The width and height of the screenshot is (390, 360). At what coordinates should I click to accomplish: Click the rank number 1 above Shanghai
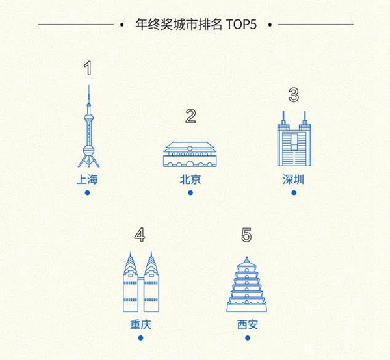click(x=88, y=68)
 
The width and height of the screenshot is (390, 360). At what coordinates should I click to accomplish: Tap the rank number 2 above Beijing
click(x=190, y=116)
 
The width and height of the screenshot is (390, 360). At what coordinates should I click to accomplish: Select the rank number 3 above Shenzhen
click(x=294, y=95)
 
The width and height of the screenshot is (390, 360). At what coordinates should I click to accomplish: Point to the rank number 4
click(x=140, y=235)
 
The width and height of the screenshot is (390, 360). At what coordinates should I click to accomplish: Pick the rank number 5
click(x=246, y=235)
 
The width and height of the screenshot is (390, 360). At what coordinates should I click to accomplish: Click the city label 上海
click(x=87, y=179)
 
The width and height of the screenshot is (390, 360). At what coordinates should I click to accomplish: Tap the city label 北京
click(x=190, y=179)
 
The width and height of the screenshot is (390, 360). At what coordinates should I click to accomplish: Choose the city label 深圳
click(x=294, y=179)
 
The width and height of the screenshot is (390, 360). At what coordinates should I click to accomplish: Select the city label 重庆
click(x=140, y=324)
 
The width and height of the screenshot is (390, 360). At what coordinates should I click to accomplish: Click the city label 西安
click(x=248, y=324)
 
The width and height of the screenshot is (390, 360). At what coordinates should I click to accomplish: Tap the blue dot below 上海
click(x=87, y=193)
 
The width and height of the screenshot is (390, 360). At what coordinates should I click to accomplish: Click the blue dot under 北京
click(x=190, y=193)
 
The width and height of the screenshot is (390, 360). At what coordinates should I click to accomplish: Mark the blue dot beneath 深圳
click(x=294, y=193)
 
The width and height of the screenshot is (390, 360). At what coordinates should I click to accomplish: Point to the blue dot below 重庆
click(x=141, y=338)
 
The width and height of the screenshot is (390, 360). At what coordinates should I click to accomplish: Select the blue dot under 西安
click(x=248, y=338)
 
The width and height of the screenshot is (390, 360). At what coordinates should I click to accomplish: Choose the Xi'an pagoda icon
click(x=246, y=284)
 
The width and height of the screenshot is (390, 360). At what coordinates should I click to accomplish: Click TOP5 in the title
click(x=241, y=24)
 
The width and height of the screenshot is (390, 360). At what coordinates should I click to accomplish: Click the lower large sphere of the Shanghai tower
click(x=88, y=150)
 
